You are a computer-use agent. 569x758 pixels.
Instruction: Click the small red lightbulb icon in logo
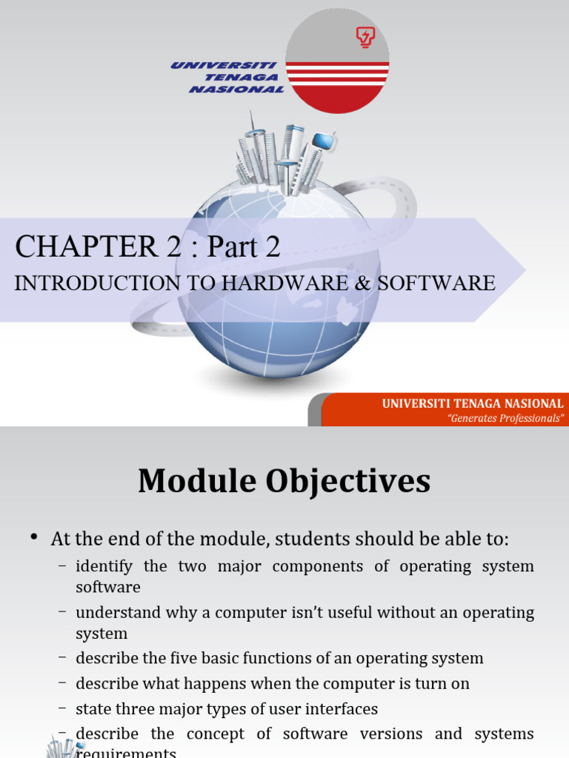[365, 36]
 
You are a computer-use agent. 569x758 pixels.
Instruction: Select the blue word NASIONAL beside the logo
[236, 89]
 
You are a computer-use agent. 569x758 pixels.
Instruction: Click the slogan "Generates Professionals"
[506, 418]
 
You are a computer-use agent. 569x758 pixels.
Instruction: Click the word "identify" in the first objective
[104, 566]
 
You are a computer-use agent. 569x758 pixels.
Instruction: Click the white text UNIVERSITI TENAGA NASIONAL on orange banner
[473, 403]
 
